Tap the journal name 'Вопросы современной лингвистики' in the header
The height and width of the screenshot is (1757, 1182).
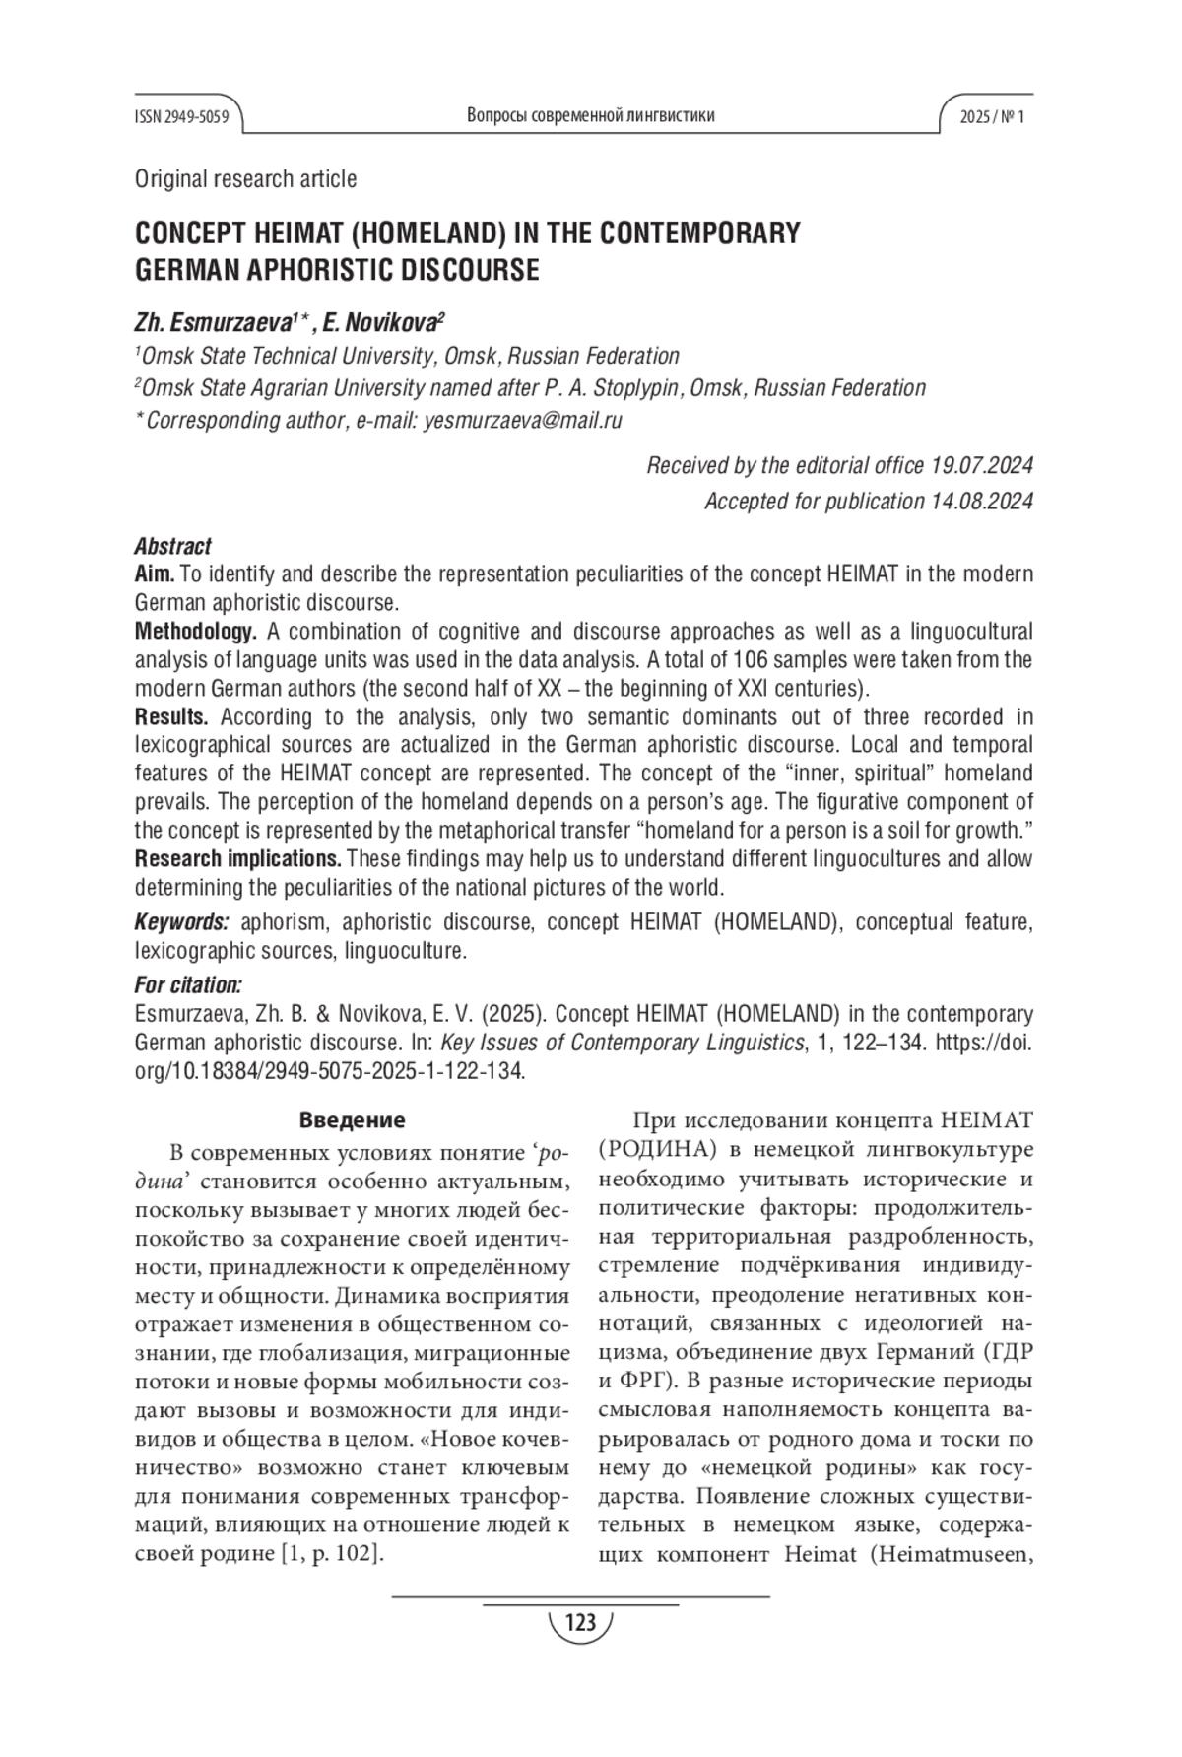tap(590, 116)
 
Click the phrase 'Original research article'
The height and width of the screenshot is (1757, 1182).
tap(245, 179)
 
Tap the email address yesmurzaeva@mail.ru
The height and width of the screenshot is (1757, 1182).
tap(523, 421)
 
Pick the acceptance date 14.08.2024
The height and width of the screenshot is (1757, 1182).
tap(981, 501)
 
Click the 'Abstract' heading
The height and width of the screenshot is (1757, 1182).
tap(172, 546)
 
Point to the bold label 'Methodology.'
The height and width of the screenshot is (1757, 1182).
tap(196, 631)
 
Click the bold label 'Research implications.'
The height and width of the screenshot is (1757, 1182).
tap(238, 857)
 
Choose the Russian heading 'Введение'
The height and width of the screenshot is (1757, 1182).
tap(352, 1120)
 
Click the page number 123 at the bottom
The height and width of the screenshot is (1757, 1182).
tap(581, 1622)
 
